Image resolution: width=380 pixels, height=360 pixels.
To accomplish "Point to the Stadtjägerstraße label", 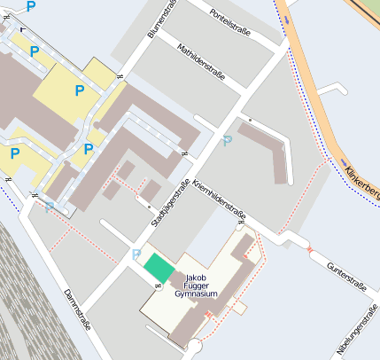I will tap(171, 204).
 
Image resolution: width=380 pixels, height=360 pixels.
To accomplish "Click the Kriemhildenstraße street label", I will tap(219, 199).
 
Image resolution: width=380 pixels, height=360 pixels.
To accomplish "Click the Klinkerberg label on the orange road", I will tap(362, 178).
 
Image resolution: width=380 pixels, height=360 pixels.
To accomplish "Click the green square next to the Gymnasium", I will tap(159, 267).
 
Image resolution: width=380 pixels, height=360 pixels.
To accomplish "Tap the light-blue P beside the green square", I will tap(136, 255).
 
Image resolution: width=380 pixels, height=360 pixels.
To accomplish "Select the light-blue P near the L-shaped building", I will tap(228, 141).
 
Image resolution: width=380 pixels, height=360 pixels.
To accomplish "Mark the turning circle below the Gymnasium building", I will tap(195, 346).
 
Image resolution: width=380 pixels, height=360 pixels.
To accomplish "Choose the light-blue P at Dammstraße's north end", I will tap(50, 207).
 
